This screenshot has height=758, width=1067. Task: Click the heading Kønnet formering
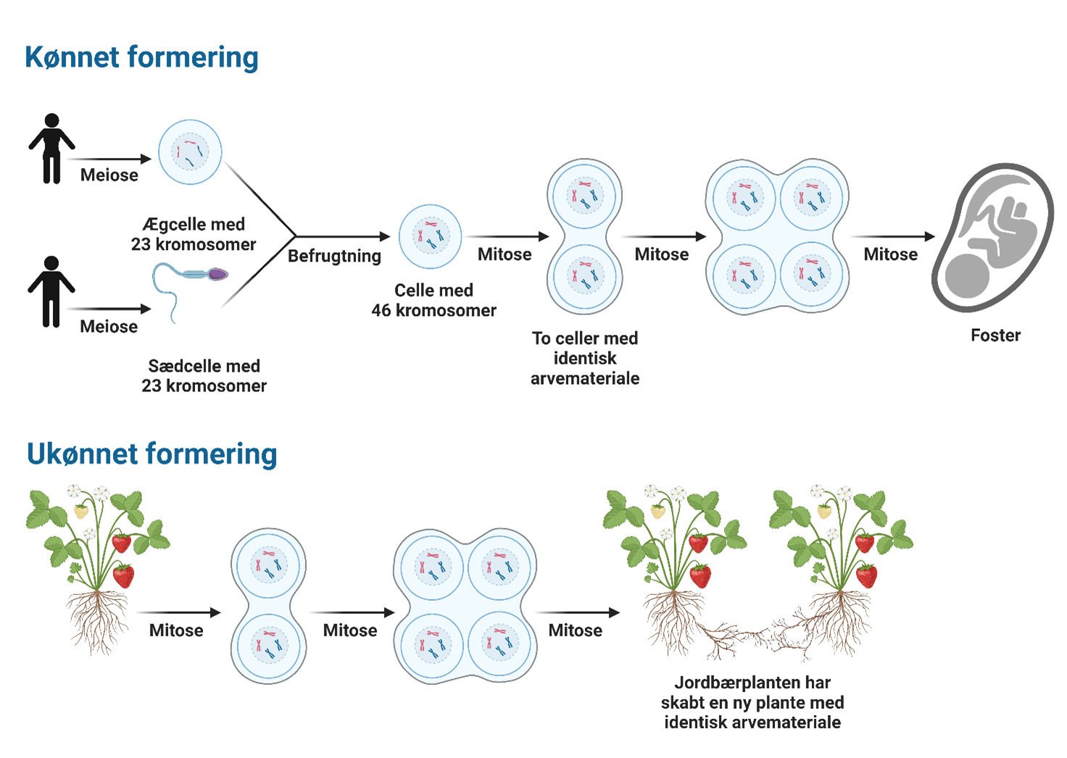pos(141,57)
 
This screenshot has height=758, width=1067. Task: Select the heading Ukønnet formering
pos(151,454)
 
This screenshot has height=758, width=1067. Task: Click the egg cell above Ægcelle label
pos(190,152)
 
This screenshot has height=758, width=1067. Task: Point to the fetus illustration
pos(992,237)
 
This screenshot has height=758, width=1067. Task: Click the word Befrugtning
pos(334,256)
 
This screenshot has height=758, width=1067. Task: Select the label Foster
pos(995,336)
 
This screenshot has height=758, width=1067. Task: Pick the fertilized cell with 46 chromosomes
pos(431,236)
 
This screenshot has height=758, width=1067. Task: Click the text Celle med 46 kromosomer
pos(433,300)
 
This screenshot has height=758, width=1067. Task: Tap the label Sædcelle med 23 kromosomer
pos(204,375)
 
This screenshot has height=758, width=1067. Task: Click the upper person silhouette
pos(51,149)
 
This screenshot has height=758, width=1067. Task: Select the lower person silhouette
pos(51,291)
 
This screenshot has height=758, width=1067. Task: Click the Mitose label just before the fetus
pos(890,254)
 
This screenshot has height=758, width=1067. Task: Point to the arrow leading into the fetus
pos(892,236)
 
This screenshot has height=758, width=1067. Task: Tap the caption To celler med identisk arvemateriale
pos(585,358)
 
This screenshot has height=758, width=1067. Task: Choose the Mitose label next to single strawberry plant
pos(176,630)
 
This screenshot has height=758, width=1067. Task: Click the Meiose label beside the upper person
pos(109,175)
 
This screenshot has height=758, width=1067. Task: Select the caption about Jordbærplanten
pos(752,702)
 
